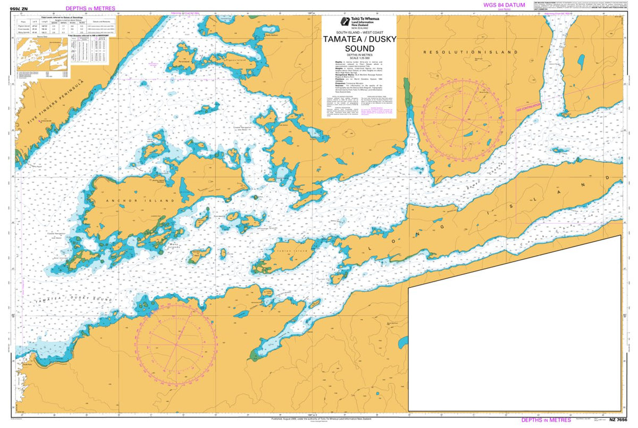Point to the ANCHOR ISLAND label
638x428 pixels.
pyautogui.click(x=126, y=201)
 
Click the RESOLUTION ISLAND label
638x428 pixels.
pyautogui.click(x=470, y=53)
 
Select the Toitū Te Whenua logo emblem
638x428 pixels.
pyautogui.click(x=345, y=22)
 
